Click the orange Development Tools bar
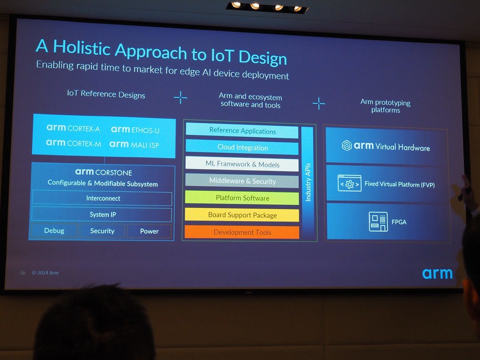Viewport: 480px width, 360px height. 242,232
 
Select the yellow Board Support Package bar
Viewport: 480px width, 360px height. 242,215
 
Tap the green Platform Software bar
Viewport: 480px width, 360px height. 242,198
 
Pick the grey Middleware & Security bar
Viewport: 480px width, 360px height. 242,181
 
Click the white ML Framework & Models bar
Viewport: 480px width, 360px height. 242,164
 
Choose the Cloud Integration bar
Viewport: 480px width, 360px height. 242,147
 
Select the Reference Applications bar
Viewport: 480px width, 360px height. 242,130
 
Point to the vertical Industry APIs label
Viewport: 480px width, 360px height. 308,182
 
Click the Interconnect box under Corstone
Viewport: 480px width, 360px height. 102,198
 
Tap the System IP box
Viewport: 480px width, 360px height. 102,214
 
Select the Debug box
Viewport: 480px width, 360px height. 54,231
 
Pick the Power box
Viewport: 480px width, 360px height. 149,231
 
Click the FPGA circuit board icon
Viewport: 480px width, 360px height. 378,222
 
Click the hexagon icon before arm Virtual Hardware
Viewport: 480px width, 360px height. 347,145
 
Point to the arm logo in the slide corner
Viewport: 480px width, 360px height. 437,274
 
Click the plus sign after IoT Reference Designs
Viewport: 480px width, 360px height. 180,98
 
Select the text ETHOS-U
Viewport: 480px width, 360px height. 146,130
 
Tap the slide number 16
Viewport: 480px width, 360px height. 23,273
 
